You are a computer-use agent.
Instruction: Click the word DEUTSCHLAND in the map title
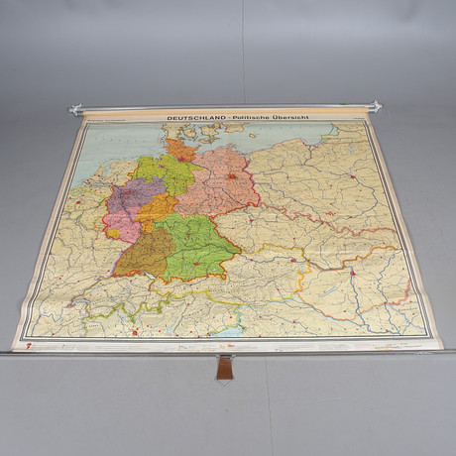pos(193,119)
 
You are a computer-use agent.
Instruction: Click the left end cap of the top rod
pos(74,110)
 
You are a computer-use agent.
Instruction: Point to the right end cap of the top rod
pos(375,105)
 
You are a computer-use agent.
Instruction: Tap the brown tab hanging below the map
pos(225,368)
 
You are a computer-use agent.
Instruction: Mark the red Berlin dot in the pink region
pos(231,176)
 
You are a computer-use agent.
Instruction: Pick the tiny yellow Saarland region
pos(112,235)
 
